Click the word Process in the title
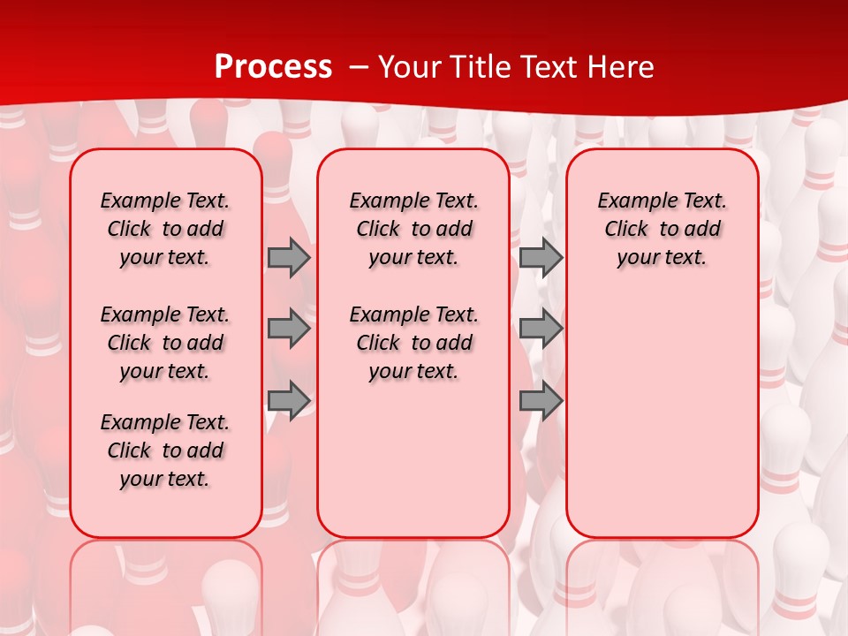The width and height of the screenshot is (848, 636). (x=273, y=67)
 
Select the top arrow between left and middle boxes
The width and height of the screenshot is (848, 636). (x=289, y=258)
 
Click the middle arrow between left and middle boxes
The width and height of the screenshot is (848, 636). (x=289, y=329)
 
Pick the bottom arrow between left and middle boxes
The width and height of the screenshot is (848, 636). (x=289, y=401)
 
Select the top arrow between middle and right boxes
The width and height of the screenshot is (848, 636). (x=541, y=258)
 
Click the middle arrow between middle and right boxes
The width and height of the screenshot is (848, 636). (x=541, y=329)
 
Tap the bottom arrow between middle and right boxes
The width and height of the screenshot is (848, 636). (x=541, y=401)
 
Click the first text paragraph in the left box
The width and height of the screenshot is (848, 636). (x=165, y=229)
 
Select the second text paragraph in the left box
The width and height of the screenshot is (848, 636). (x=165, y=343)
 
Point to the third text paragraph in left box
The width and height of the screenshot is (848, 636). (x=165, y=450)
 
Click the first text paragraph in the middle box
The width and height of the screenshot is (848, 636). (x=413, y=229)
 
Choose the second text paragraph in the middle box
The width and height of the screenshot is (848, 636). (x=413, y=343)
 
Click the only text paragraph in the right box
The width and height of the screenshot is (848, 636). (x=662, y=229)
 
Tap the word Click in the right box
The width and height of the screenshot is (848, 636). (x=626, y=230)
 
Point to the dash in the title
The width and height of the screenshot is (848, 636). (x=359, y=67)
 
